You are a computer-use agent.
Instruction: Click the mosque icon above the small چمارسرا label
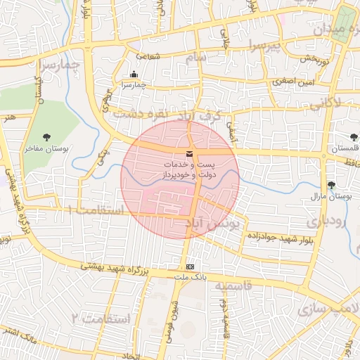tap(134, 75)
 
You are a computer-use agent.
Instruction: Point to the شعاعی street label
tap(147, 56)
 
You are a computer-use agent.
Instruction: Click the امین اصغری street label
tap(290, 82)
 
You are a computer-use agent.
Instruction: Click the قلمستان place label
tap(344, 149)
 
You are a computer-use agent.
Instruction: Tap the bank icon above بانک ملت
tap(190, 267)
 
